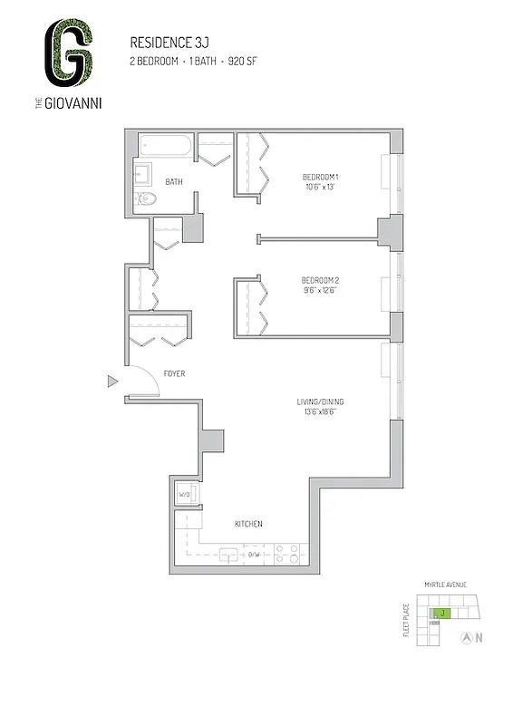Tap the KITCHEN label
247,524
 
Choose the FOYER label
174,373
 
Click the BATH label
174,182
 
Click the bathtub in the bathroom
167,146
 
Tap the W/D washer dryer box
185,496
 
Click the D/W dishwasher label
255,555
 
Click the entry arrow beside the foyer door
112,382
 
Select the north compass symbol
466,637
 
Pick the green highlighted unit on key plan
441,614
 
